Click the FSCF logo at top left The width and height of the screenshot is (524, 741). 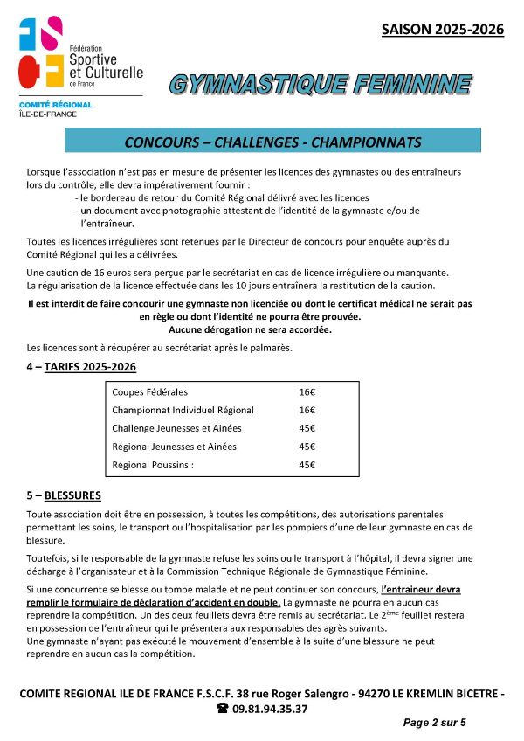43,53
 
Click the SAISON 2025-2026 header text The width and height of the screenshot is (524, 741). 443,30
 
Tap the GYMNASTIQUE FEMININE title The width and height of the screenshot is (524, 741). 320,85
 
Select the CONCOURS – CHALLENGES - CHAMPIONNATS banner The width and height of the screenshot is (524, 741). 272,142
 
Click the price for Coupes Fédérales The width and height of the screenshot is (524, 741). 307,392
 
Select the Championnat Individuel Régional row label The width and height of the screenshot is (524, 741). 183,410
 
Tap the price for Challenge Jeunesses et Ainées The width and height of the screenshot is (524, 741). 307,428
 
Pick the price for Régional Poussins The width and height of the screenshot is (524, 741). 307,465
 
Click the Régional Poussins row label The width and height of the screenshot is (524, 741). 153,465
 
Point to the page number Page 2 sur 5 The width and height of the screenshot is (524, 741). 434,723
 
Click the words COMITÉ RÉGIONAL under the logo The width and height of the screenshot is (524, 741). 55,105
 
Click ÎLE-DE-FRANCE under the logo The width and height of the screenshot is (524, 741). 50,114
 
